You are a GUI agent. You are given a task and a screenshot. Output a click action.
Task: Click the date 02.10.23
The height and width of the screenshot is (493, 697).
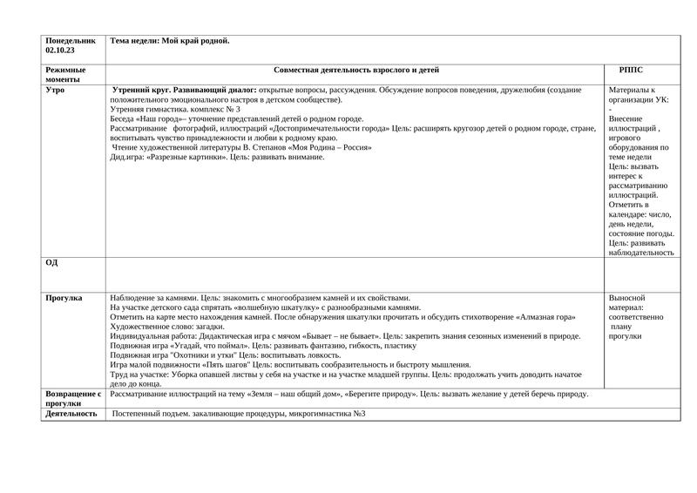[x=59, y=51]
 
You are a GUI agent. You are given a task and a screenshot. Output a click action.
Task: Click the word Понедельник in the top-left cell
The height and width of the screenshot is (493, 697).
[x=71, y=41]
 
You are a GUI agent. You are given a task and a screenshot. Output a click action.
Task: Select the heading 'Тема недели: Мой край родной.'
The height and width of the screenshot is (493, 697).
[x=170, y=41]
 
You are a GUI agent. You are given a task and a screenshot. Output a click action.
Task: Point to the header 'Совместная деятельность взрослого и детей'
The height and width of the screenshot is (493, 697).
[x=355, y=70]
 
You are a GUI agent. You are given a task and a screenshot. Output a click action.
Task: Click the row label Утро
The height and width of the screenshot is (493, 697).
[x=55, y=90]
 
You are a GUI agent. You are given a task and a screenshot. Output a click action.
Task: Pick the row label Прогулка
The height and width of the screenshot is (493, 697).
[x=64, y=298]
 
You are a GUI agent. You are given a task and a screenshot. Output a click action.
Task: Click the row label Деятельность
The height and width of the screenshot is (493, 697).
[x=71, y=414]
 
